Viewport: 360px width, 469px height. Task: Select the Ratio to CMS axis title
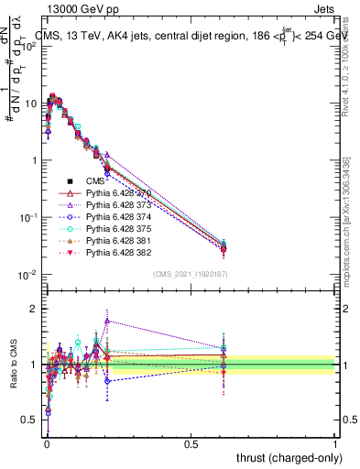[13, 365]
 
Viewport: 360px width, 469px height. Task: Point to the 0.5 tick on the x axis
[191, 443]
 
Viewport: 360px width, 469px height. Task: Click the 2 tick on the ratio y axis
[33, 309]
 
